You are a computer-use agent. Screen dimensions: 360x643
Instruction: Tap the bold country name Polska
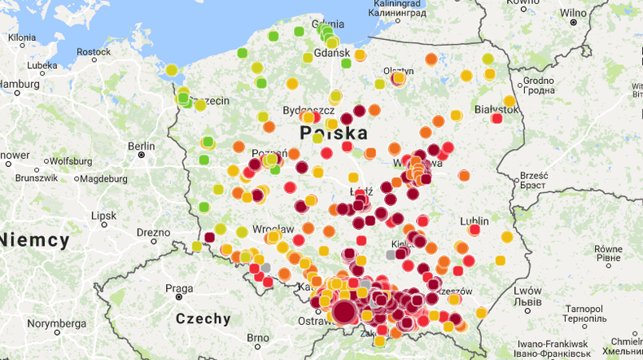click(x=333, y=133)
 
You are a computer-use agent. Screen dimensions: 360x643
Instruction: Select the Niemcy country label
click(x=34, y=239)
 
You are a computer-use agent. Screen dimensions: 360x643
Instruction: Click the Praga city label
click(x=179, y=288)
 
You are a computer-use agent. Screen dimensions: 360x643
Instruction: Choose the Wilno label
click(x=572, y=13)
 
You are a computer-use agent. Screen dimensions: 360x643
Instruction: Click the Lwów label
click(x=527, y=291)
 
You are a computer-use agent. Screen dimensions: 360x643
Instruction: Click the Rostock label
click(x=94, y=51)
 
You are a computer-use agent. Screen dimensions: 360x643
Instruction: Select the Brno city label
click(x=257, y=338)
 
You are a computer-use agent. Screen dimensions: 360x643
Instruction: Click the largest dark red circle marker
click(x=344, y=311)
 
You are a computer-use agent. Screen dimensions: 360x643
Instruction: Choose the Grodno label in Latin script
click(x=538, y=81)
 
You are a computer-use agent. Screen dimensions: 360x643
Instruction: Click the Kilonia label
click(x=22, y=37)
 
